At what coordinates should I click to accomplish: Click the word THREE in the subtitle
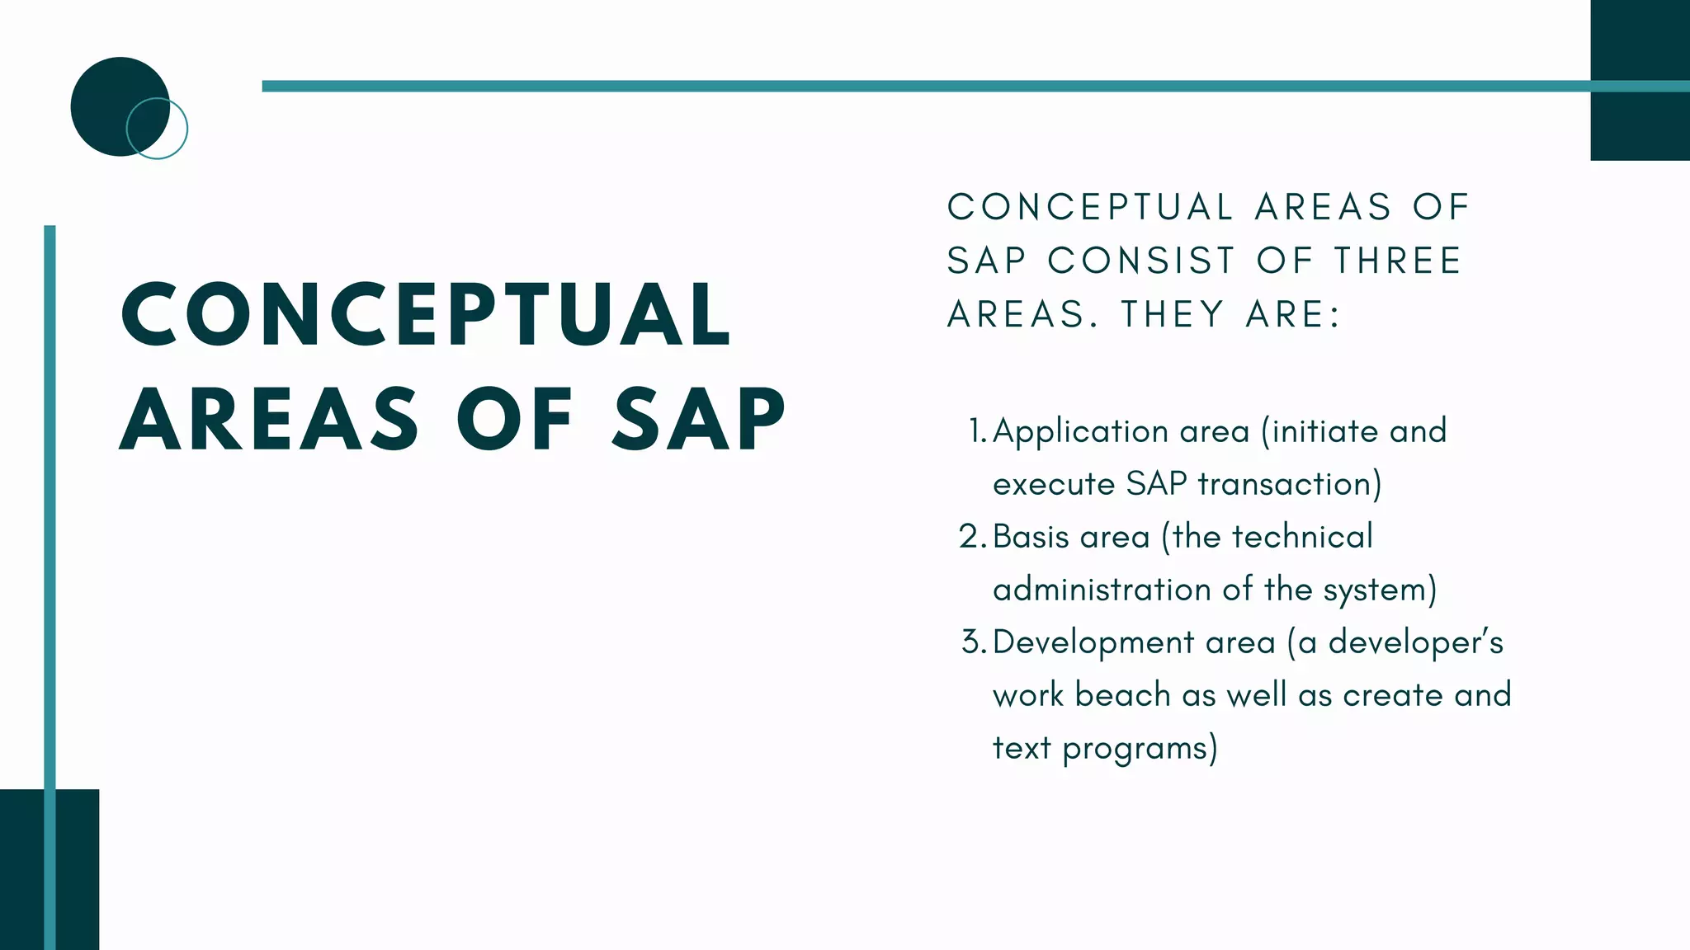pyautogui.click(x=1398, y=261)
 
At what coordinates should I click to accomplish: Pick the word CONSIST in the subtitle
pyautogui.click(x=1141, y=261)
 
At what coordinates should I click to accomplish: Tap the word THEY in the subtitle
pyautogui.click(x=1173, y=314)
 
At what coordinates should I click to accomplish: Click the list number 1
pyautogui.click(x=977, y=431)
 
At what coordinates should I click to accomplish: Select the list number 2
pyautogui.click(x=971, y=537)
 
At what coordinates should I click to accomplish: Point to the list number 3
pyautogui.click(x=972, y=642)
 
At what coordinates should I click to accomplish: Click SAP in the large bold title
pyautogui.click(x=698, y=420)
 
